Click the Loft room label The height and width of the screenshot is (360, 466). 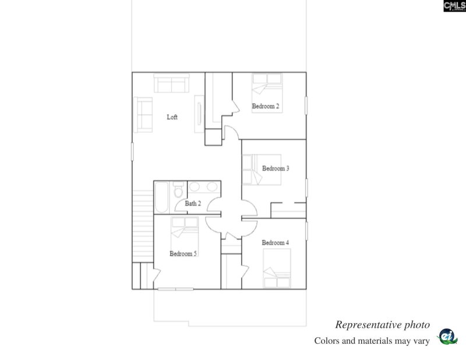tap(172, 117)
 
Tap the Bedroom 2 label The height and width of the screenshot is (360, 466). tap(265, 106)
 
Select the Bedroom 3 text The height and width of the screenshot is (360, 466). tap(276, 168)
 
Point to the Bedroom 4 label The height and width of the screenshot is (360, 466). tap(275, 242)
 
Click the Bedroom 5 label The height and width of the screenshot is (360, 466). tap(183, 253)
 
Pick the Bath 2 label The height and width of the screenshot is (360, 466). tap(193, 203)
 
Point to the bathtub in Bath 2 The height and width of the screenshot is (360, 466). tap(161, 197)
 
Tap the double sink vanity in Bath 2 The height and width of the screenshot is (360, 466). tap(203, 187)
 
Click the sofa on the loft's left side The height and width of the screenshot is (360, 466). tap(143, 114)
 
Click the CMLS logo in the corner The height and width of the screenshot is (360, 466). tap(454, 6)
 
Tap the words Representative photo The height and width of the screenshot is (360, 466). tap(382, 325)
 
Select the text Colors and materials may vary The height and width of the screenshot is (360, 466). tap(372, 341)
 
